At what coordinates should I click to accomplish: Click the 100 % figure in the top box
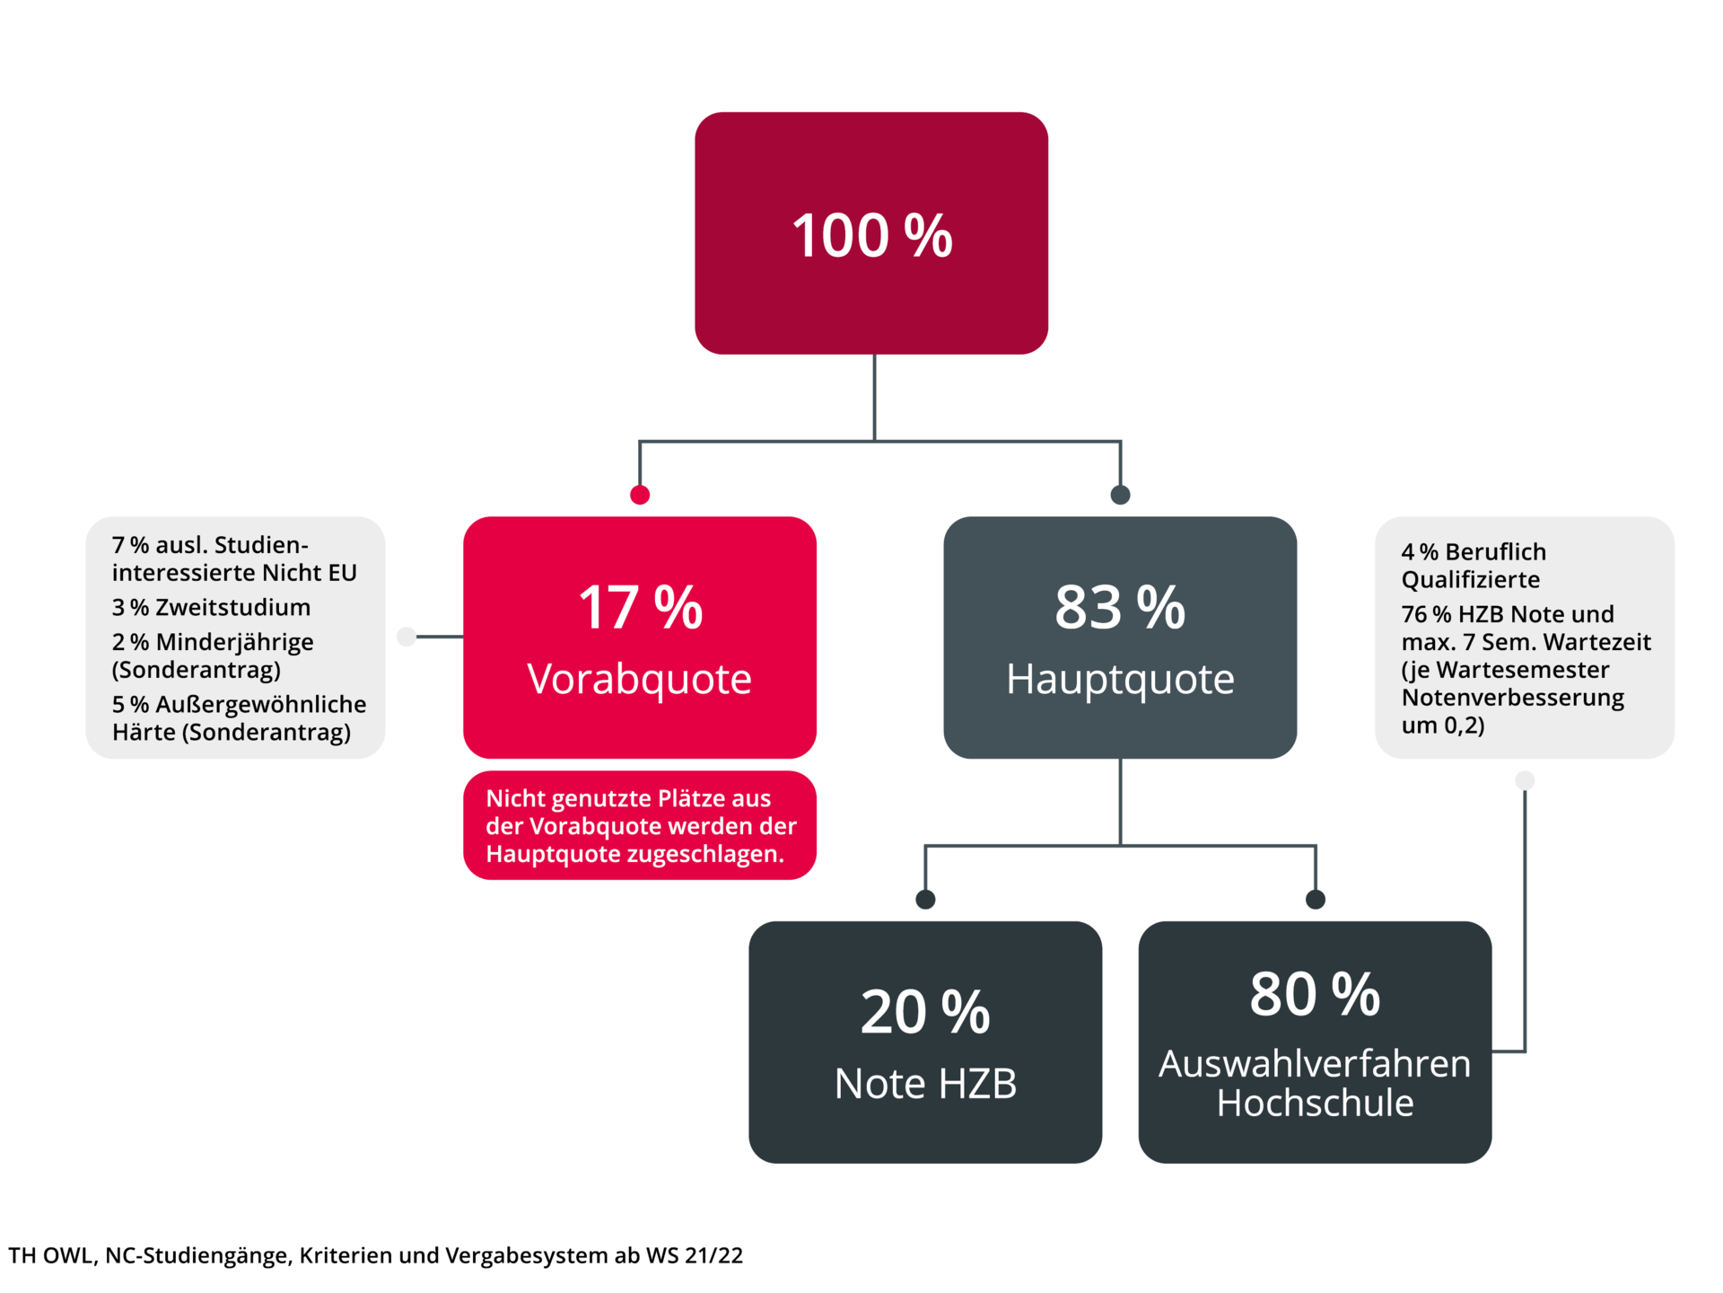coord(871,236)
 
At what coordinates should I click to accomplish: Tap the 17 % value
coord(640,608)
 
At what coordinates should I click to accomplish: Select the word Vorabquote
coord(639,680)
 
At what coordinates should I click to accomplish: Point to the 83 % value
coord(1120,608)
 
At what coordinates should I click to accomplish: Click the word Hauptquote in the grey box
coord(1120,680)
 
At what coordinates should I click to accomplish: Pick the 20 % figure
coord(925,1012)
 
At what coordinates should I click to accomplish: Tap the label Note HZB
coord(925,1084)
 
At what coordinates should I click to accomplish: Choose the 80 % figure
coord(1315,994)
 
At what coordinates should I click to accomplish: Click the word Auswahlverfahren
coord(1315,1064)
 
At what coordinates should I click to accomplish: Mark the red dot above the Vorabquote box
coord(640,495)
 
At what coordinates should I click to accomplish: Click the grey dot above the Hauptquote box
coord(1120,495)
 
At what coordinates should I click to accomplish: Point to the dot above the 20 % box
coord(925,899)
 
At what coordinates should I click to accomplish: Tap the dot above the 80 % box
coord(1316,899)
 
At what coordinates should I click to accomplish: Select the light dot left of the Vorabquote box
coord(407,637)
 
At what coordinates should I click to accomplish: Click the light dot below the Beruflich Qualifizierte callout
coord(1525,780)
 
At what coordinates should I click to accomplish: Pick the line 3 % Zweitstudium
coord(211,608)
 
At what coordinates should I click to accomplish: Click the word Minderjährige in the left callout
coord(235,642)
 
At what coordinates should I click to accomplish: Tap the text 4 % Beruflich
coord(1474,552)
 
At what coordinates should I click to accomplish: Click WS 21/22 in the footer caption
coord(695,1255)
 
